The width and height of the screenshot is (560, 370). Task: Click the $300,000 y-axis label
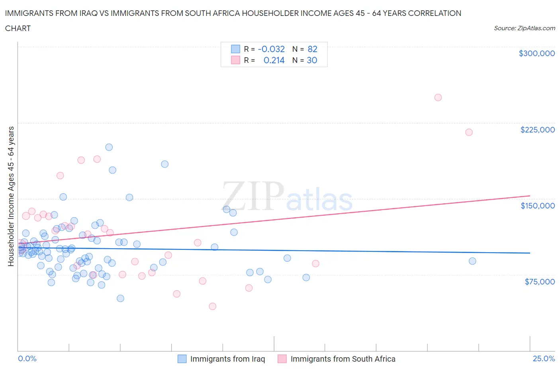click(x=537, y=53)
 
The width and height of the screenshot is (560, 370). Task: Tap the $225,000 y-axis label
click(x=537, y=130)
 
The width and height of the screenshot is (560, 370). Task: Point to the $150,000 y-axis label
click(x=537, y=206)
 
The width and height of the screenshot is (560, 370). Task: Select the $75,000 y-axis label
click(x=539, y=282)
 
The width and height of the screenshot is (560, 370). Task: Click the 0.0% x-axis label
click(x=27, y=358)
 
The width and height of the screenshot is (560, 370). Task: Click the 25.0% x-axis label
click(x=544, y=358)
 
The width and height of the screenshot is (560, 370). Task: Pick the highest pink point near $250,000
click(x=438, y=97)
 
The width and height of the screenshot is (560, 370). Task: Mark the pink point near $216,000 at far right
click(x=469, y=132)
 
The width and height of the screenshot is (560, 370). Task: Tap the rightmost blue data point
click(x=472, y=261)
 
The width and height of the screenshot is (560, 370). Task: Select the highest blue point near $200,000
click(x=109, y=147)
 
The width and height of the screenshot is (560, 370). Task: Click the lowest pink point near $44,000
click(x=212, y=306)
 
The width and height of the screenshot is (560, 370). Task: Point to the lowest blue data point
click(x=120, y=298)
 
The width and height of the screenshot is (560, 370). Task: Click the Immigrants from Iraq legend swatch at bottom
click(x=182, y=359)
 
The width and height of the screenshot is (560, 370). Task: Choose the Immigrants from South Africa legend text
click(x=343, y=359)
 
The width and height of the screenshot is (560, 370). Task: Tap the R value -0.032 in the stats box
click(x=271, y=49)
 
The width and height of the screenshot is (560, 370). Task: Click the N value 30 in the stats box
click(x=312, y=60)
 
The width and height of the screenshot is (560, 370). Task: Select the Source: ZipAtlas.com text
click(x=524, y=28)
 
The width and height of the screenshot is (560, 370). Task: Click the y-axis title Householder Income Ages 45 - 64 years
click(x=11, y=196)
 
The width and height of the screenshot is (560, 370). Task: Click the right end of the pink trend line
click(x=530, y=196)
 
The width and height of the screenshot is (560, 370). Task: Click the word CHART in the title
click(x=18, y=28)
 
